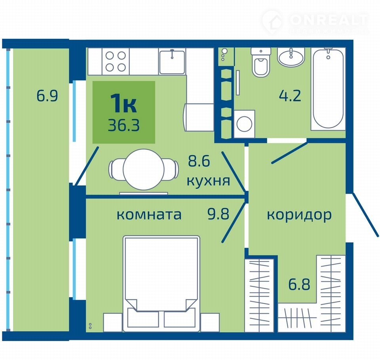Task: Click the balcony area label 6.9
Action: coord(47,96)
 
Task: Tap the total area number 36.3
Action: coord(124,125)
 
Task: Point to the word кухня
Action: coord(208,180)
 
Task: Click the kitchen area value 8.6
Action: coord(199,161)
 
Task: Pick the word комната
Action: coord(149,215)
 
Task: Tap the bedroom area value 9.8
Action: coord(218,214)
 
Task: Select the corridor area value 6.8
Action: coord(299,284)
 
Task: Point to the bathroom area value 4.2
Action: coord(290,95)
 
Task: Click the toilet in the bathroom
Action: coord(260,62)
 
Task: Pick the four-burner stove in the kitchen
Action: coord(116,61)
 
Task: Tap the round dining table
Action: coord(144,169)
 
